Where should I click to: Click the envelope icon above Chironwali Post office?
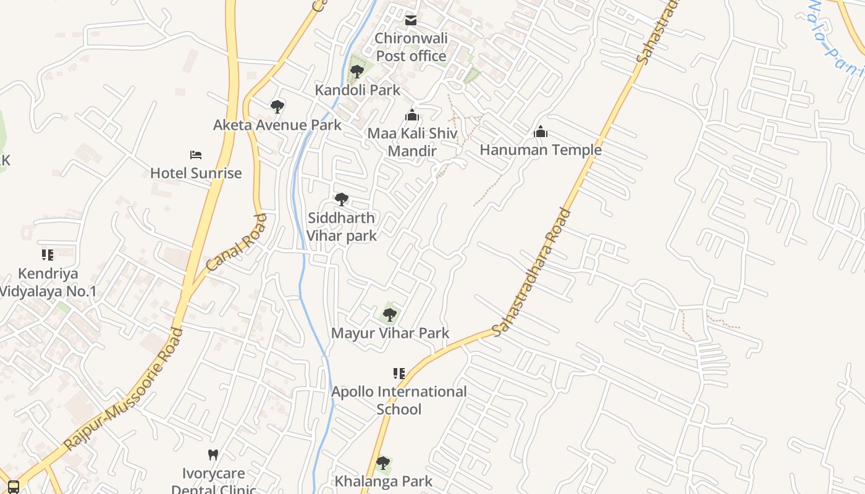(411, 20)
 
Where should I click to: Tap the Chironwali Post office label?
(411, 48)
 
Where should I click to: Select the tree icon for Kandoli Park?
(357, 72)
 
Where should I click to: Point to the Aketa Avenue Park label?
(277, 125)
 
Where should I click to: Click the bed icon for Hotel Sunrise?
(196, 155)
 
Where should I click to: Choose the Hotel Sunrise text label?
(196, 173)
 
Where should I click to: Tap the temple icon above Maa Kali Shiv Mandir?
(412, 115)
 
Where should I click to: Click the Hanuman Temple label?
(541, 150)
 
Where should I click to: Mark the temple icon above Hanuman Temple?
(541, 132)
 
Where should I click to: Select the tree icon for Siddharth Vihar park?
(341, 199)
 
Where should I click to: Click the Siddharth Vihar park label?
(342, 227)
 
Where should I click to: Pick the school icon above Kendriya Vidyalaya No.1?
(48, 255)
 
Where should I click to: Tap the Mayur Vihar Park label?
(390, 333)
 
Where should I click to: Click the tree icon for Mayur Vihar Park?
(389, 315)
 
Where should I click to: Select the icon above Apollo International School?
(399, 374)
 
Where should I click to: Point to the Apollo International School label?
(399, 400)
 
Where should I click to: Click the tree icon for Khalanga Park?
(383, 463)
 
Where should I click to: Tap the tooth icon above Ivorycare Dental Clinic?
(213, 455)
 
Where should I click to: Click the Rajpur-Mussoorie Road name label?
(124, 389)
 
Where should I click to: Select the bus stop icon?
(14, 487)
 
